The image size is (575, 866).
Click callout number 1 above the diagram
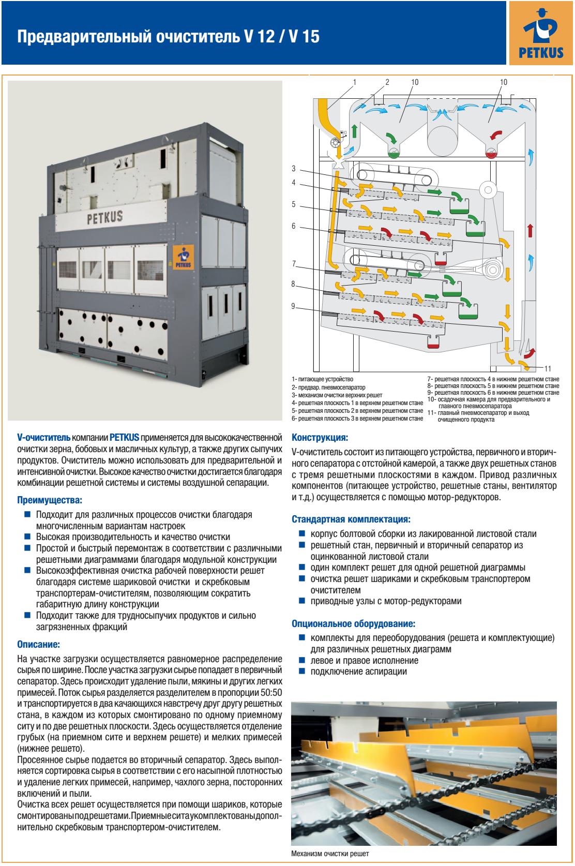click(x=355, y=82)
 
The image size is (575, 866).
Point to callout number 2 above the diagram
click(x=387, y=82)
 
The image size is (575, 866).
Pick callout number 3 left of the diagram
click(x=293, y=169)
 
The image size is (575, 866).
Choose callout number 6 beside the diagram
click(x=293, y=226)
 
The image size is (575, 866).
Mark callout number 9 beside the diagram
click(x=293, y=306)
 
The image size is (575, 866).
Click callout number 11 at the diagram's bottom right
click(x=548, y=368)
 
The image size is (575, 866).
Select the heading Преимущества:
click(x=50, y=501)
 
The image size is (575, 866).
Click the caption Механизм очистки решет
click(x=330, y=854)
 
